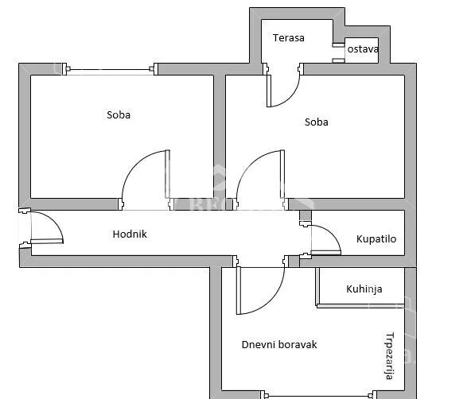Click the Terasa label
click(x=288, y=38)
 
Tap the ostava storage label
click(x=363, y=49)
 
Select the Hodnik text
click(x=130, y=234)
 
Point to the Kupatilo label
click(x=376, y=239)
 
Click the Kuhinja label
click(x=364, y=289)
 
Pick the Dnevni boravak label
click(x=279, y=344)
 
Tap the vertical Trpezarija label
click(x=390, y=356)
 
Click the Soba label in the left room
click(x=119, y=115)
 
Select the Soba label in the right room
click(x=317, y=122)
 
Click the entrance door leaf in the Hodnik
click(x=47, y=241)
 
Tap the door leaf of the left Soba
click(x=168, y=174)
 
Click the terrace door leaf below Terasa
click(x=269, y=91)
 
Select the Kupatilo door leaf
click(x=326, y=253)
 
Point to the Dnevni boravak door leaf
click(x=239, y=290)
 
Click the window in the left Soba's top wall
click(x=110, y=69)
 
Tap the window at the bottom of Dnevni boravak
click(x=319, y=395)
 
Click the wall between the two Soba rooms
click(x=220, y=137)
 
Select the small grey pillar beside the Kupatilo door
click(x=306, y=215)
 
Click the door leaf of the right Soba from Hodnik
click(x=282, y=174)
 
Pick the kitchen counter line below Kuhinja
click(x=360, y=306)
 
